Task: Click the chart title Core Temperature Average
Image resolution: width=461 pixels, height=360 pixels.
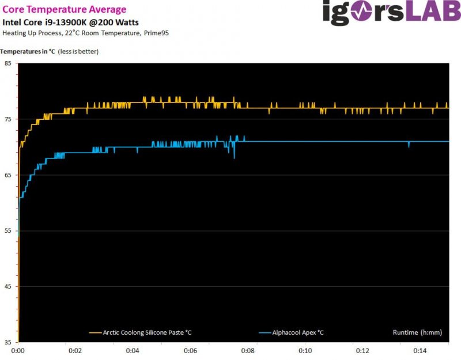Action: [x=65, y=9]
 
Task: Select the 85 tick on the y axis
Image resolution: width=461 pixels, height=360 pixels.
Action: [x=8, y=63]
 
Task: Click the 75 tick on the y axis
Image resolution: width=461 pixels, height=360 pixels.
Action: [x=8, y=119]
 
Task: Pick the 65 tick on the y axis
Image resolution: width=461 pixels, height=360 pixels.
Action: [x=8, y=175]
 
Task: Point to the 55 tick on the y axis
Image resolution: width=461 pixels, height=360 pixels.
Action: [x=8, y=231]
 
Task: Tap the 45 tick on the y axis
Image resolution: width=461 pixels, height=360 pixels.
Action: [x=8, y=287]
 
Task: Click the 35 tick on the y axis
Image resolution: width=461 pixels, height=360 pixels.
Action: [x=8, y=342]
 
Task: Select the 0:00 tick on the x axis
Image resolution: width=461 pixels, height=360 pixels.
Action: [x=18, y=351]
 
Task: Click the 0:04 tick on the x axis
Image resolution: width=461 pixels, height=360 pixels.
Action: [x=133, y=351]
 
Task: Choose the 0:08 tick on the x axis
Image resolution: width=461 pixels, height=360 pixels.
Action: [x=248, y=351]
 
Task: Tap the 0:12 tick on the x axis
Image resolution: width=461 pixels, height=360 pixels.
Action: [x=362, y=351]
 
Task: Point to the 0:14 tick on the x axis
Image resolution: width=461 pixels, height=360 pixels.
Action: [x=420, y=351]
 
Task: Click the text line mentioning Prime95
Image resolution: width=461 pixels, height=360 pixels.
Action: [x=86, y=32]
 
